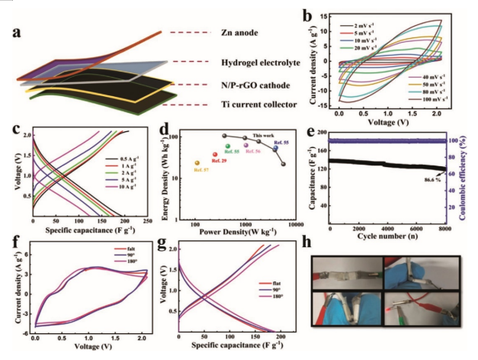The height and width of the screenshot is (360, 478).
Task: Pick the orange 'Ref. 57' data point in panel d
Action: [x=197, y=162]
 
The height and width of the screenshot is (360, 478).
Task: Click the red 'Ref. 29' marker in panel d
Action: [x=215, y=154]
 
